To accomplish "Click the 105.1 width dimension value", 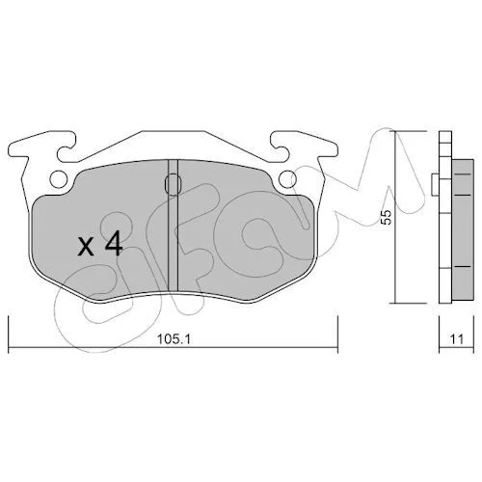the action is [x=174, y=339].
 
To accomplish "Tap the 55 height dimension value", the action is [x=388, y=218].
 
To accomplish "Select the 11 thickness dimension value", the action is [x=457, y=339].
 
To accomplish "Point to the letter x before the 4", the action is [x=86, y=247].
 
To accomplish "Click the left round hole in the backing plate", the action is [x=59, y=178].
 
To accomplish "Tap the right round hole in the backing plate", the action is [x=287, y=178].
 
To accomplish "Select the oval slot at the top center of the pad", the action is [x=173, y=184].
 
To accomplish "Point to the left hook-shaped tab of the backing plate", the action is [x=66, y=147].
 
